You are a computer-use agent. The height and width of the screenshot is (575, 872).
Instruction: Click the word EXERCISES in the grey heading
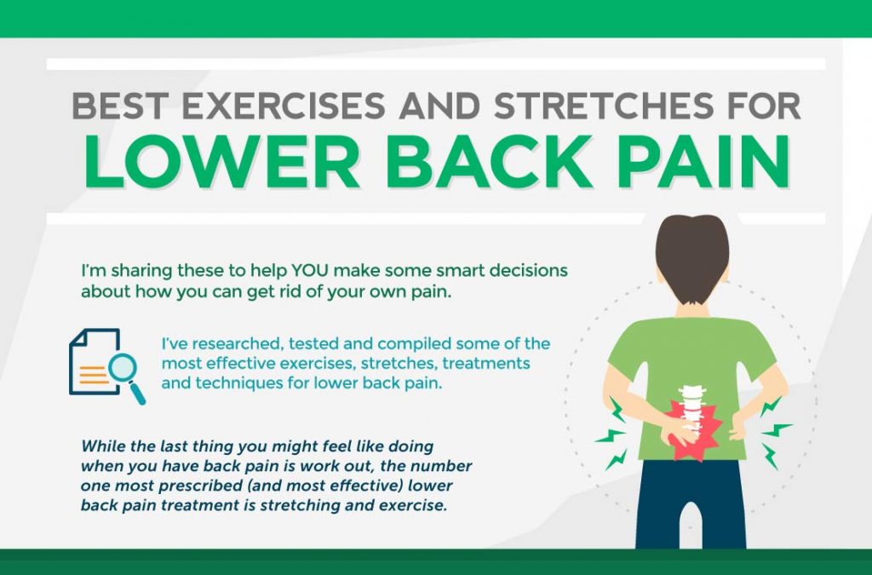284,105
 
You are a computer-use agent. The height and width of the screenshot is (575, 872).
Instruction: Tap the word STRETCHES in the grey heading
604,105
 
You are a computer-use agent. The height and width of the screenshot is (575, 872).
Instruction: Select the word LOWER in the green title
222,161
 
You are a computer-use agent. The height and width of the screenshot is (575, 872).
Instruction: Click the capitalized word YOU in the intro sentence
310,271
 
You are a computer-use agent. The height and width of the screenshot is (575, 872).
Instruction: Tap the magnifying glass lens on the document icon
122,367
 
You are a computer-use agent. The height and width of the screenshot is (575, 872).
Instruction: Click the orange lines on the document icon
94,375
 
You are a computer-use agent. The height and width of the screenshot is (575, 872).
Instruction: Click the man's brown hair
691,256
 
